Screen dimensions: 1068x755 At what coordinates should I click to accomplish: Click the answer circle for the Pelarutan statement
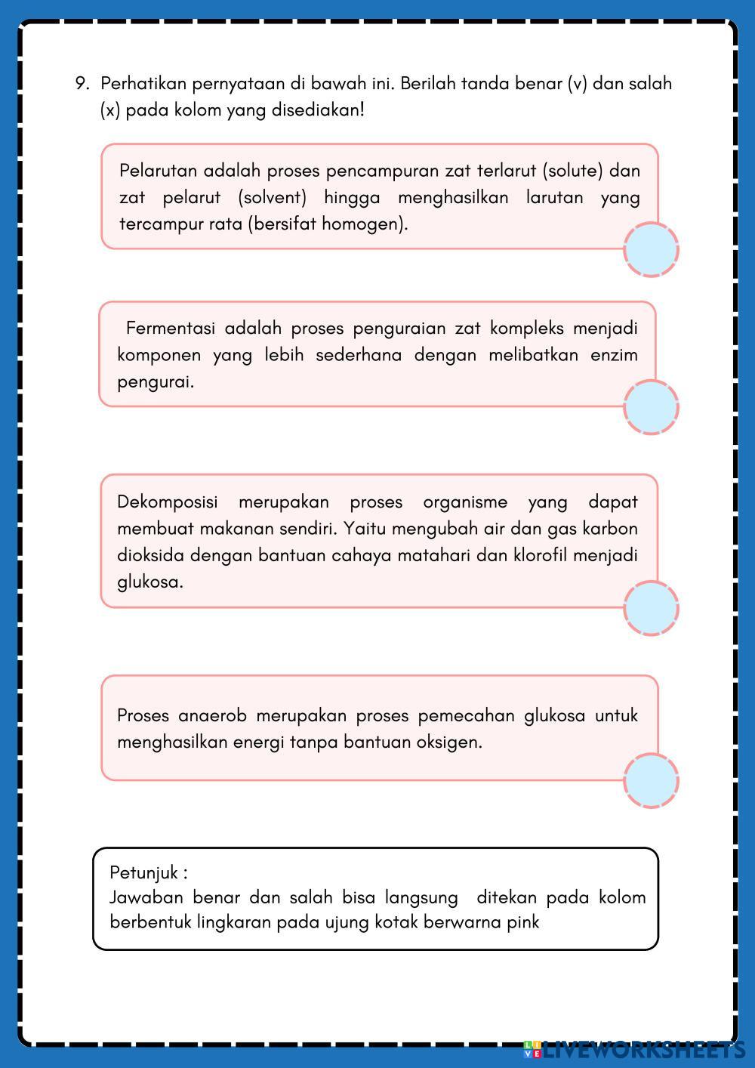[x=651, y=249]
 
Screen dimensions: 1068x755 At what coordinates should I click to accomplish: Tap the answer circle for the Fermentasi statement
[x=651, y=407]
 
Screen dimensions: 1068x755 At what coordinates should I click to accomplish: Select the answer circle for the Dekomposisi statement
[x=651, y=608]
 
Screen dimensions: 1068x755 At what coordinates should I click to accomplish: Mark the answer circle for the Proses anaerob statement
[x=651, y=781]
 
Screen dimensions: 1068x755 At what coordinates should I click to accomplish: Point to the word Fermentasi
[x=170, y=329]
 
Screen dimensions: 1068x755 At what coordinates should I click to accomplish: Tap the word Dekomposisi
[x=167, y=502]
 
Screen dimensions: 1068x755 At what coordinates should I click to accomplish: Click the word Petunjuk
[x=144, y=873]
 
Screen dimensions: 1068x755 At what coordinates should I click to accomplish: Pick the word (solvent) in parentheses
[x=272, y=198]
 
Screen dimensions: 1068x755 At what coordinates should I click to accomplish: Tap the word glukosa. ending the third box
[x=149, y=582]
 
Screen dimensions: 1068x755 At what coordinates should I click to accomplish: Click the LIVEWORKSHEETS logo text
[x=642, y=1049]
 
